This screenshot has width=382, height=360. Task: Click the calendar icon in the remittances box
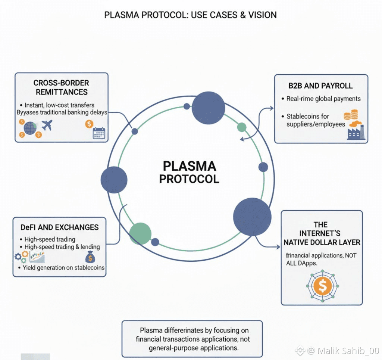(x=99, y=133)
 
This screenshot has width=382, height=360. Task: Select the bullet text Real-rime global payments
(x=323, y=99)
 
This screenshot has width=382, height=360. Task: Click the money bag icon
(x=90, y=257)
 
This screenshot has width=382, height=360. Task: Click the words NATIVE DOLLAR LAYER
(x=322, y=242)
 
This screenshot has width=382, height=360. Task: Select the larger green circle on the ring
(x=140, y=233)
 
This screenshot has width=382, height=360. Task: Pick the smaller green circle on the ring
(x=242, y=127)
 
